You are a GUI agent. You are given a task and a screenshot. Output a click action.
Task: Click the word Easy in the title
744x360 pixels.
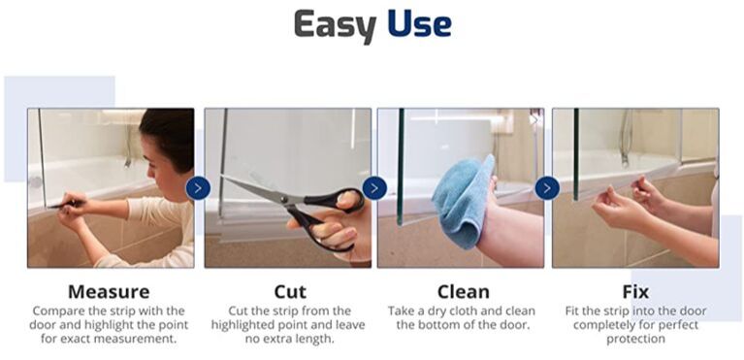click(336, 25)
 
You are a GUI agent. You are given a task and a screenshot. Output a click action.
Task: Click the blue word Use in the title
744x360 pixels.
click(419, 23)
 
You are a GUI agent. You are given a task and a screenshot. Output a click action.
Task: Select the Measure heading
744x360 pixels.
click(109, 292)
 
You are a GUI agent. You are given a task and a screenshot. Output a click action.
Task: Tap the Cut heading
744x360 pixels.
click(290, 292)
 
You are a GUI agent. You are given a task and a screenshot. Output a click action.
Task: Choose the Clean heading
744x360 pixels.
click(463, 292)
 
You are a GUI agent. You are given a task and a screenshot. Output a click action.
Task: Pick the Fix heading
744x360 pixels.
click(635, 292)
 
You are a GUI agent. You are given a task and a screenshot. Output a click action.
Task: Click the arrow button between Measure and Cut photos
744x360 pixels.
click(198, 188)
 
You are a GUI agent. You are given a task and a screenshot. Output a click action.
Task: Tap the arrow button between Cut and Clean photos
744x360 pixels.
click(374, 188)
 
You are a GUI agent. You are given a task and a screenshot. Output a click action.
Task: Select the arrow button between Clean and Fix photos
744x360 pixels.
click(547, 188)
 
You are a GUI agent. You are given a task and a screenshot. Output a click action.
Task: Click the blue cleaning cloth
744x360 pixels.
click(462, 202)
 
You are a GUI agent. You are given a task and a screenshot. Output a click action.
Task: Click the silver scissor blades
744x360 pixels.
click(256, 189)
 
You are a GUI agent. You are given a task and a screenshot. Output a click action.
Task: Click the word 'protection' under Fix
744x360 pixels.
click(635, 339)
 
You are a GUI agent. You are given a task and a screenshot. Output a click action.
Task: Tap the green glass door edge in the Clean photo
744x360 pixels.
click(401, 166)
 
